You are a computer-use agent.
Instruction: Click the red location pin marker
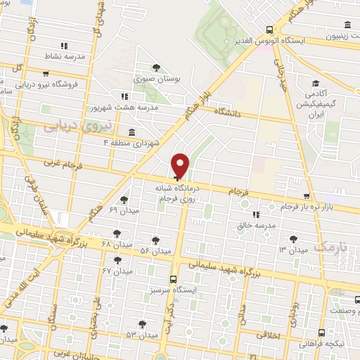tap(181, 165)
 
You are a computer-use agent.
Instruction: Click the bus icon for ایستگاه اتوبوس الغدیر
tap(270, 30)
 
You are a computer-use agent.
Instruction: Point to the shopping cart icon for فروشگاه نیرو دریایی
tap(46, 73)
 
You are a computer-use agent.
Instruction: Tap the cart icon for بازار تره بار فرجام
tap(306, 196)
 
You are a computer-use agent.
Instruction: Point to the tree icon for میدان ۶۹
tap(124, 200)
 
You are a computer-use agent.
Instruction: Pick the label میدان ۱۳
tap(292, 250)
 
